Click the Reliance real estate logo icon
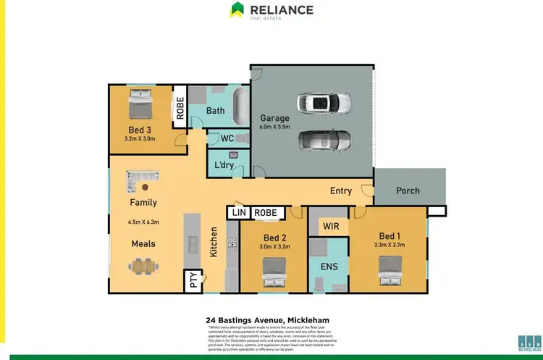[x=237, y=10]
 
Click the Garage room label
[x=274, y=118]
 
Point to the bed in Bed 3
[x=140, y=106]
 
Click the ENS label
[x=330, y=267]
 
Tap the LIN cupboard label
[x=238, y=212]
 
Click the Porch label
[x=408, y=191]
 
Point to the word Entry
[x=341, y=191]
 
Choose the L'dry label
[x=223, y=165]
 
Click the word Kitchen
[x=214, y=243]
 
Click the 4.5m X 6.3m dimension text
[x=143, y=222]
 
